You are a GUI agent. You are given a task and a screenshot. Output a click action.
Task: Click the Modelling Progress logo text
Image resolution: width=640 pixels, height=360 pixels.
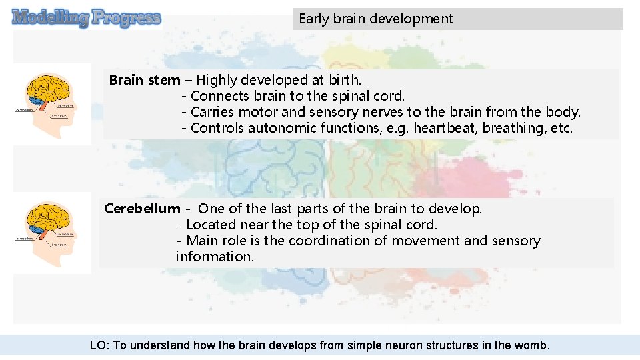coord(87,18)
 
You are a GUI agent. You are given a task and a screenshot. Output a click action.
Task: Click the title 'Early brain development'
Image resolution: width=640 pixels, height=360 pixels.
coord(375,19)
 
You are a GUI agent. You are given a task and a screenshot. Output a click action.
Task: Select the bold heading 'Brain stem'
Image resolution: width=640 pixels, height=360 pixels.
coord(144,80)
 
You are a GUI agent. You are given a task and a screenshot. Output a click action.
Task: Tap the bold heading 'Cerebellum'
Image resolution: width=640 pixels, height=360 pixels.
coord(142,209)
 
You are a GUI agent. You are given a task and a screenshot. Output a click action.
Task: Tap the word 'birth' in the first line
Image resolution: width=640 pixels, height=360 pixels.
coord(345,80)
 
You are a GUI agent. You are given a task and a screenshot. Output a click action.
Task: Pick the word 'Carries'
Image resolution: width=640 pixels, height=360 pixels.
coord(213,112)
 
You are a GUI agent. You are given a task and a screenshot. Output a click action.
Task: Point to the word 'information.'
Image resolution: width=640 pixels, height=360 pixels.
coord(215,257)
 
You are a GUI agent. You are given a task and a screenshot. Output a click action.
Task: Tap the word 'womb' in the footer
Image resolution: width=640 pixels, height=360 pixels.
coord(531,345)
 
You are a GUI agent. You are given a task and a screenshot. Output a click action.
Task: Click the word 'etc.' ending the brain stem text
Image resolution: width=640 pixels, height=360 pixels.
coord(561,128)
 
